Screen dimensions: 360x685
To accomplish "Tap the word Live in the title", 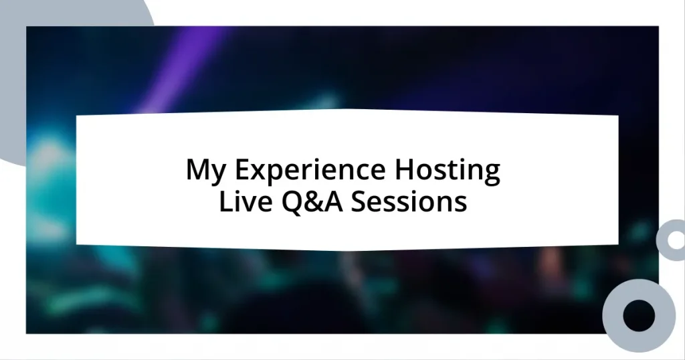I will (x=241, y=201).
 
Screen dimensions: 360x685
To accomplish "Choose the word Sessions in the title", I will (x=409, y=201).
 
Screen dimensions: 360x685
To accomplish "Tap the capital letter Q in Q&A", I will (x=284, y=201).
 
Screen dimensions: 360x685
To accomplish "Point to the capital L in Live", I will (x=225, y=201).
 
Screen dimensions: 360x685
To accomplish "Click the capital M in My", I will (x=197, y=171).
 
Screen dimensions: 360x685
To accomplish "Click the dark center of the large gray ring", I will (x=638, y=315).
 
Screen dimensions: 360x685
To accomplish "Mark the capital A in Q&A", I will (x=331, y=201).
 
